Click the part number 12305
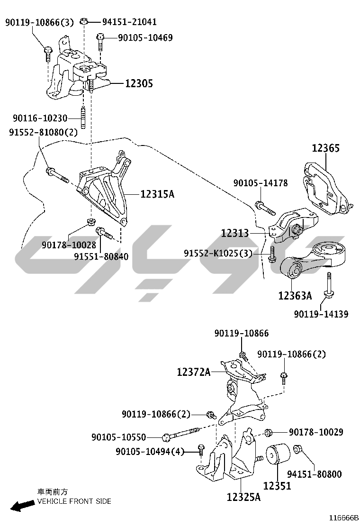pos(139,83)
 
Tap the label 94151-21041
pos(129,22)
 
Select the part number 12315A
pos(157,194)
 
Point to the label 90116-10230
pos(40,118)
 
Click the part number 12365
pos(326,148)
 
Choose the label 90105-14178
pos(261,183)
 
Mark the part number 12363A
pos(295,295)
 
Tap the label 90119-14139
pos(321,314)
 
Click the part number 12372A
pos(194,372)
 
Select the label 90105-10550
pos(118,437)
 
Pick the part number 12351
pos(277,486)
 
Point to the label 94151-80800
pos(315,474)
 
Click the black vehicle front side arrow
pos(22,505)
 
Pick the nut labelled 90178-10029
pos(268,432)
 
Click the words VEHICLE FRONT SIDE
pos(74,501)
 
